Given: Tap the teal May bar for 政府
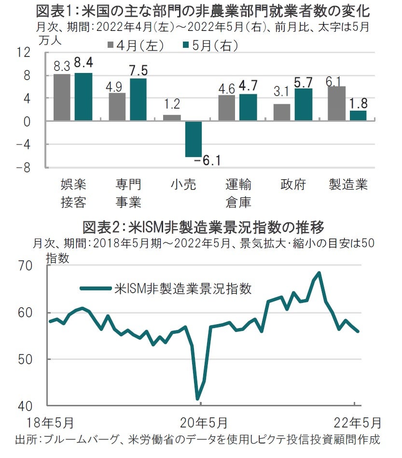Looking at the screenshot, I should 303,104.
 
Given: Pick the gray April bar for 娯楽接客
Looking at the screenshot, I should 62,97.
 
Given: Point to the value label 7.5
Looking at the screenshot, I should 138,71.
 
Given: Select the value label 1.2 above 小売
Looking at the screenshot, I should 172,103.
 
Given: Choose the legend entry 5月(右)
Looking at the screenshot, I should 209,45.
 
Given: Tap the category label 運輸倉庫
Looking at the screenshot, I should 238,193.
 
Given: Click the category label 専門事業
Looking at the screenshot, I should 128,193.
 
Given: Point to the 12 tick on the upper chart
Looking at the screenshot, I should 24,53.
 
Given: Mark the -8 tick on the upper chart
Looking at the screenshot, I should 24,167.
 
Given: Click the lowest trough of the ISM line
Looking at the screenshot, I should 198,399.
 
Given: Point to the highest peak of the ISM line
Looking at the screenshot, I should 319,272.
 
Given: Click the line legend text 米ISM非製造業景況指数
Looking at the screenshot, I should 183,289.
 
